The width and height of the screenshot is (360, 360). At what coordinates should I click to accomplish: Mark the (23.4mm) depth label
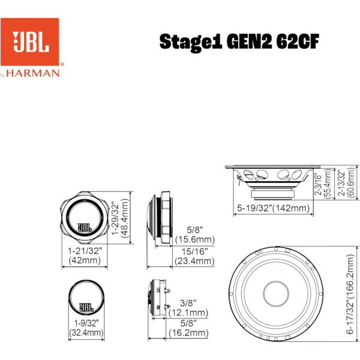pos(194,261)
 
